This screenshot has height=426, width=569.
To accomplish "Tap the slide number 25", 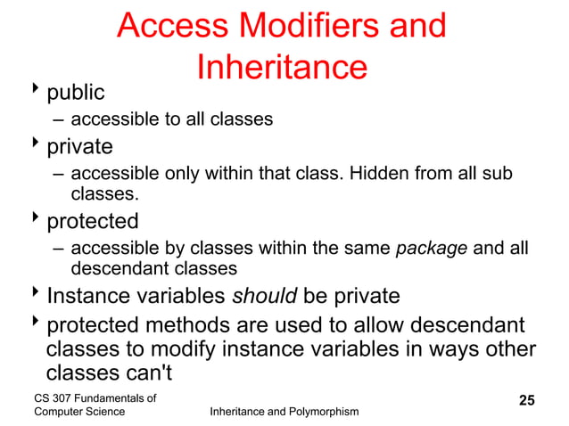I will coord(527,400).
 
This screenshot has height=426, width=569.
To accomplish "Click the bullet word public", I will coord(76,92).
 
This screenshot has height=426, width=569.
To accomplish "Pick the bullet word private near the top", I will coord(79,146).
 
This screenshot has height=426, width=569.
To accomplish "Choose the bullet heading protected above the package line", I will coord(93,220).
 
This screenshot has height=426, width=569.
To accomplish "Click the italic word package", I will coord(431,247).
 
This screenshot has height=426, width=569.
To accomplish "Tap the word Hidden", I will coord(376,172).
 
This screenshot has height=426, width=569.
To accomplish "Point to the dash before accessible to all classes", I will coord(58,119).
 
